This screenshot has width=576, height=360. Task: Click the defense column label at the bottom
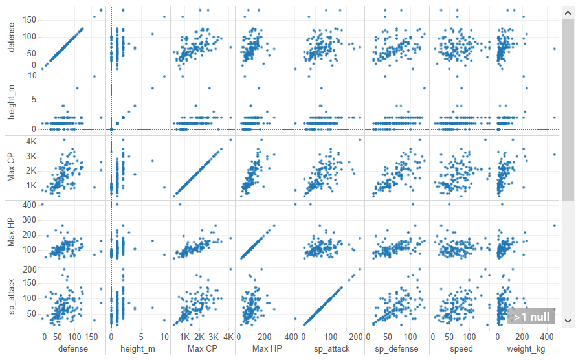(x=72, y=349)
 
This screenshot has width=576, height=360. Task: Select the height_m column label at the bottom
(x=138, y=349)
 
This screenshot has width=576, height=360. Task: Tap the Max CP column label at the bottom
(x=203, y=349)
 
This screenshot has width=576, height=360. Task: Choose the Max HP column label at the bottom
(x=267, y=349)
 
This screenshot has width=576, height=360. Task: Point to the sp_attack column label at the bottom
(x=332, y=349)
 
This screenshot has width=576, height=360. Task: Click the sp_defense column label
(x=397, y=349)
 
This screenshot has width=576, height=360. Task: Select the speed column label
(x=461, y=349)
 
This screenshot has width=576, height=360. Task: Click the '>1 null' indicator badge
(x=531, y=317)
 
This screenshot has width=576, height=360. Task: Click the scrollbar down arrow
(x=568, y=321)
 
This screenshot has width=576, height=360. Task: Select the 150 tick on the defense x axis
(x=92, y=337)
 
